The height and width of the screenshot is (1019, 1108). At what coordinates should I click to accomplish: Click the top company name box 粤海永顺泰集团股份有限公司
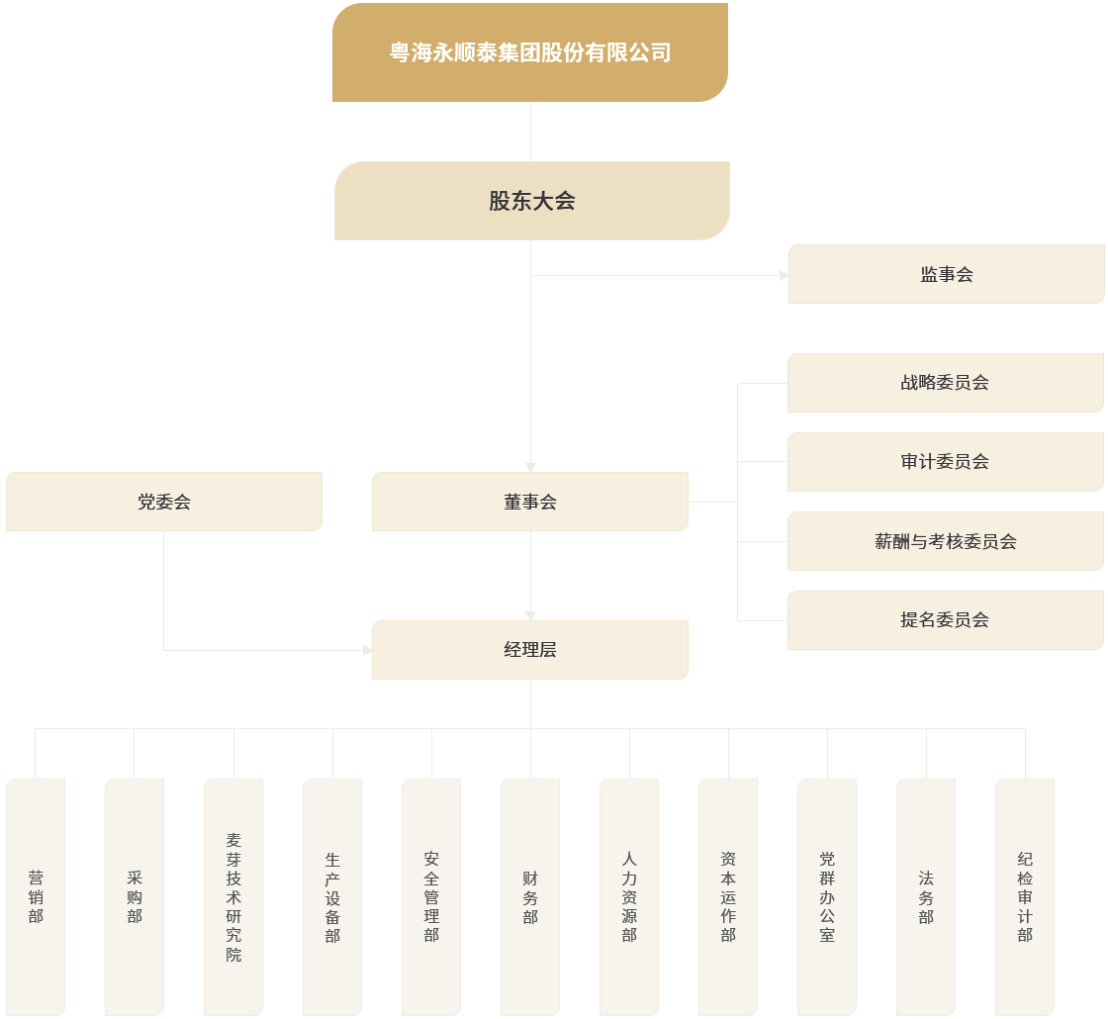coord(529,52)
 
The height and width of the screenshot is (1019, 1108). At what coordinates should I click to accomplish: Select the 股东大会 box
coord(531,201)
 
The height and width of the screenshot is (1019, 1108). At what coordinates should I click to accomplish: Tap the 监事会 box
coord(946,274)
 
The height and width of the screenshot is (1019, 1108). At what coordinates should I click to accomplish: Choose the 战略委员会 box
coord(945,383)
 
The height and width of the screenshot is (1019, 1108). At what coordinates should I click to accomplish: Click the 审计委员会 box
coord(945,462)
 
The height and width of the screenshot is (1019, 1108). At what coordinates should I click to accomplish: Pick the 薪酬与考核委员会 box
coord(945,541)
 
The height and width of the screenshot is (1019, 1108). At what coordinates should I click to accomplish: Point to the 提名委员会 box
coord(945,620)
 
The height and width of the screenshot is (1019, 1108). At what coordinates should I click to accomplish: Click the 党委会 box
coord(163,502)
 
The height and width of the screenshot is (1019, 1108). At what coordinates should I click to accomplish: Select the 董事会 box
coord(529,502)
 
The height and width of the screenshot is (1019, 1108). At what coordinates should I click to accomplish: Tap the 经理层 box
coord(529,650)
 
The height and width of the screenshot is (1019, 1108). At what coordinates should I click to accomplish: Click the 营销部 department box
coord(36,896)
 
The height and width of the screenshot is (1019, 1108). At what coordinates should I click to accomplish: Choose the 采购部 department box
coord(135,896)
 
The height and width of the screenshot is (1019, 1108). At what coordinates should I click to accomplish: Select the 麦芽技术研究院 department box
coord(233,896)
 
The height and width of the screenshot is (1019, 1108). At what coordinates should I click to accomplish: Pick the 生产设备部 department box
coord(332,896)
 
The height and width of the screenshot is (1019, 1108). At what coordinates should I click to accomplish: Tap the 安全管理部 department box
coord(431,896)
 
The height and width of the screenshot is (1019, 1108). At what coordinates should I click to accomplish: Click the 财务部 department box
coord(530,896)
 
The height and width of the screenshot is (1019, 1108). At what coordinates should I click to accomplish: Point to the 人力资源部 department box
coord(629,896)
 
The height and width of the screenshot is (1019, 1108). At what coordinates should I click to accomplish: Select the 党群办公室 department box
coord(827,896)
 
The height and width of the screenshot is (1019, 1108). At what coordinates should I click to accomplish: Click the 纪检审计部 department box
coord(1025,896)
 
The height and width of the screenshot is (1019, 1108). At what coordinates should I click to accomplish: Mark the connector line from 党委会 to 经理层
coord(164,594)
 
